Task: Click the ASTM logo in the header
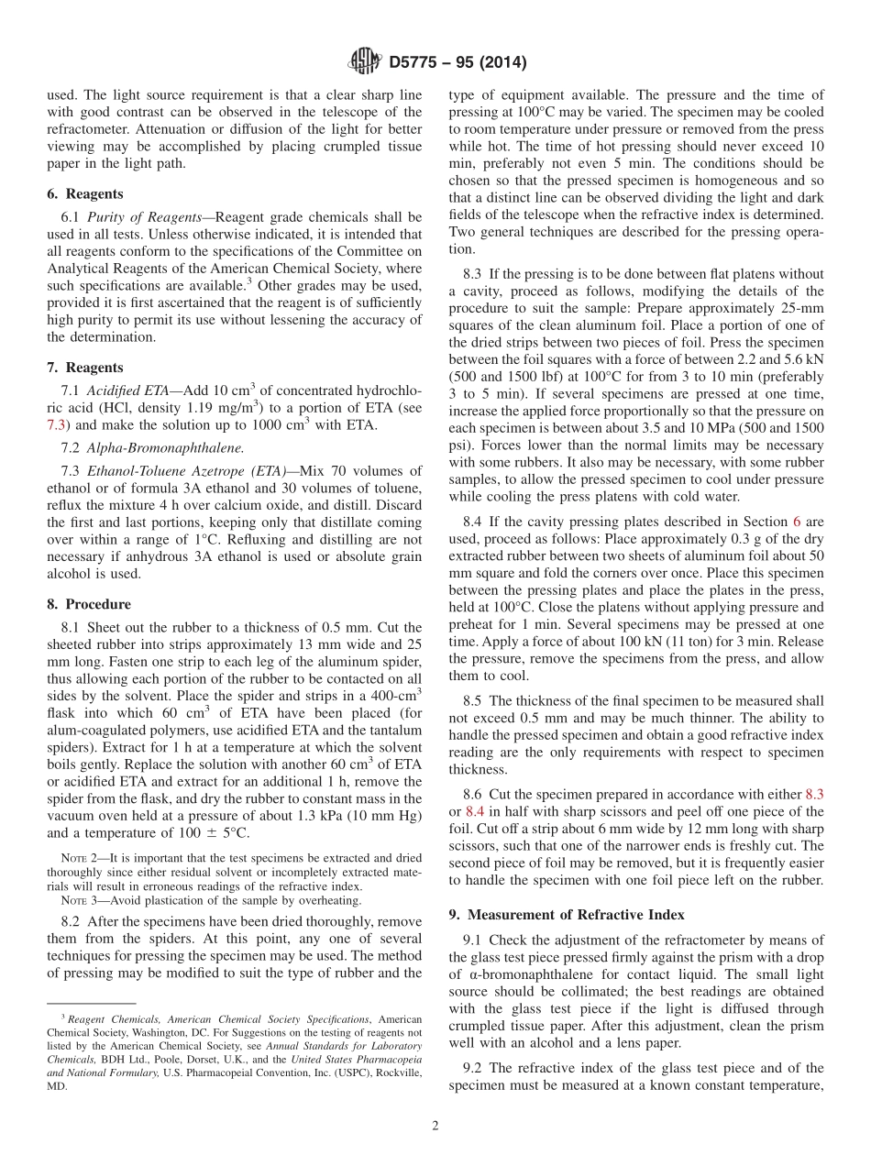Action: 365,62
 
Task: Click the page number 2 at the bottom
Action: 435,1127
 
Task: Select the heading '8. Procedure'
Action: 89,604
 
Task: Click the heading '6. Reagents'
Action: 84,194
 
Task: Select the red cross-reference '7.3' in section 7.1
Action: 56,424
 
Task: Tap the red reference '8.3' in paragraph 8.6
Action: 813,795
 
